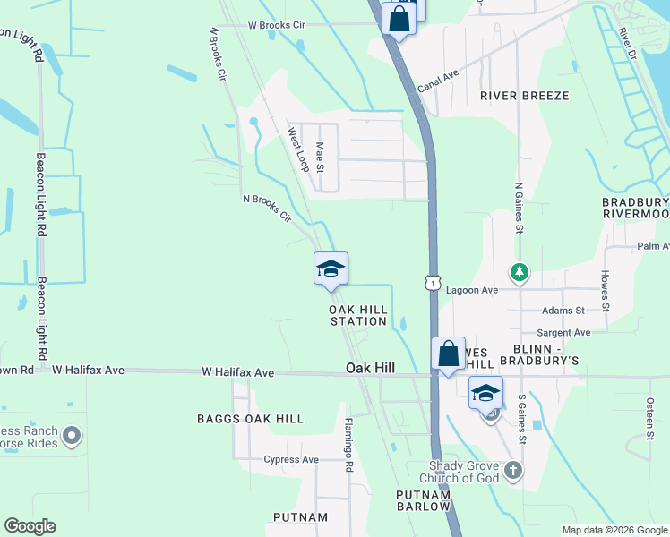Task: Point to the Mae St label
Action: [x=320, y=156]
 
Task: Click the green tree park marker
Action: [x=517, y=270]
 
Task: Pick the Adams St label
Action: [x=563, y=311]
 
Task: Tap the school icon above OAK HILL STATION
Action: [x=331, y=268]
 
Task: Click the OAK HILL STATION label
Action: [x=358, y=315]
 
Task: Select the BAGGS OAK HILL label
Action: [x=250, y=418]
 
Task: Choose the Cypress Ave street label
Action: [x=291, y=460]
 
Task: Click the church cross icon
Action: [x=512, y=470]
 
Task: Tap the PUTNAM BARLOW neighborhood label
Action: [x=423, y=500]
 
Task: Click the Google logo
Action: [x=30, y=526]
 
